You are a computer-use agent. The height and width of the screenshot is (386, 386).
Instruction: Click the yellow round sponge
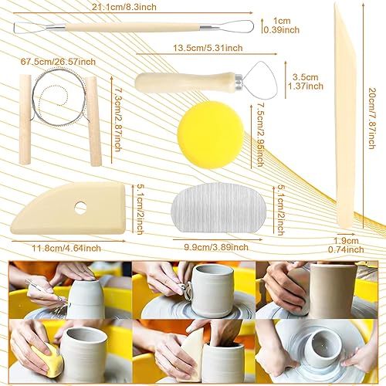click(x=211, y=135)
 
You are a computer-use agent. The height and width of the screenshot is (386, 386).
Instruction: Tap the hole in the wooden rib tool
click(x=80, y=208)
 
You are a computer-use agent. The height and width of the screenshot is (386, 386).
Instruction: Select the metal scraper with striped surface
click(x=218, y=208)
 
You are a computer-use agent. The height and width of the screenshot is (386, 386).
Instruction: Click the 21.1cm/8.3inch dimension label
click(x=124, y=7)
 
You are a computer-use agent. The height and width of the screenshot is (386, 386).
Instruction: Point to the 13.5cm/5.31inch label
click(x=208, y=48)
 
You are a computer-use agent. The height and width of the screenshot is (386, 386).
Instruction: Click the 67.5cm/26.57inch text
click(x=58, y=62)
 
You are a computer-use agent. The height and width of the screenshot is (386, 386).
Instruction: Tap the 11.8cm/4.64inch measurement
click(x=66, y=249)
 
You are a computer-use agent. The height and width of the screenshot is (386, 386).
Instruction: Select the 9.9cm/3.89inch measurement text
click(x=216, y=247)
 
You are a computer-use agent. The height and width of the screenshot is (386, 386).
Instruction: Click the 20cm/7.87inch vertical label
click(x=372, y=118)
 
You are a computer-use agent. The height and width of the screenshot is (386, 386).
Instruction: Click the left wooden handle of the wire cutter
click(x=25, y=120)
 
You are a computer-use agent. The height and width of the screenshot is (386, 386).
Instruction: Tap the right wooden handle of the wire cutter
click(x=93, y=121)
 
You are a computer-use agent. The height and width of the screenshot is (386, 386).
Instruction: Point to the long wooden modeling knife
click(x=346, y=116)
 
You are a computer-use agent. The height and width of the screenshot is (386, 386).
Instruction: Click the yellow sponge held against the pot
click(x=49, y=355)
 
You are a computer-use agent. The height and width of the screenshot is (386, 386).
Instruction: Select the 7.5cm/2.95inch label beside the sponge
click(x=260, y=134)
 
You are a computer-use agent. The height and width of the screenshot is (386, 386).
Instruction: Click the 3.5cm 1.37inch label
click(x=306, y=81)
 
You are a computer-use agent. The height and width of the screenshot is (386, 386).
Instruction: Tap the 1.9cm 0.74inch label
click(x=346, y=245)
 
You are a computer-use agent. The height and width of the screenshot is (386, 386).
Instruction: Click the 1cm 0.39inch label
click(x=282, y=25)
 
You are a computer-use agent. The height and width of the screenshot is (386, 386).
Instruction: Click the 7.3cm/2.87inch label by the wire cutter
click(x=117, y=120)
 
